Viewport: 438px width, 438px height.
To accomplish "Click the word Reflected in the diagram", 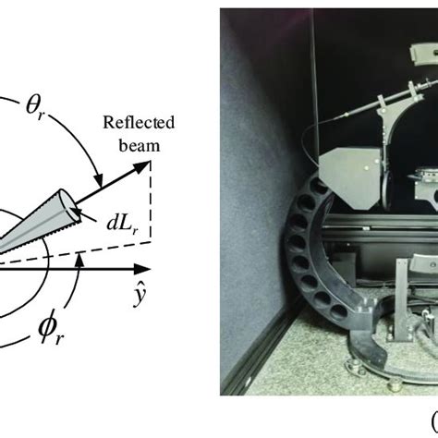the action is (139, 123).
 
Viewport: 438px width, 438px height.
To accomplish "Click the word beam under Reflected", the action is (140, 145).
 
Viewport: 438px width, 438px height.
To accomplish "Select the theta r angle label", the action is (34, 108).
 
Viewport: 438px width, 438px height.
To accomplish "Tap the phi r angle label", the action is (51, 332).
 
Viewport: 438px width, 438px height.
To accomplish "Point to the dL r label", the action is (123, 224).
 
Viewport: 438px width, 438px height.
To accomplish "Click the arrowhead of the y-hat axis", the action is (142, 269).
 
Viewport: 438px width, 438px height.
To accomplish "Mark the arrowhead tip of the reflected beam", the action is (150, 161).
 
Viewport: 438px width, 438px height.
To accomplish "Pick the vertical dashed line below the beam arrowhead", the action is (151, 201).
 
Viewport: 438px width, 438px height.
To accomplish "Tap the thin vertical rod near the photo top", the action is (315, 77).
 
